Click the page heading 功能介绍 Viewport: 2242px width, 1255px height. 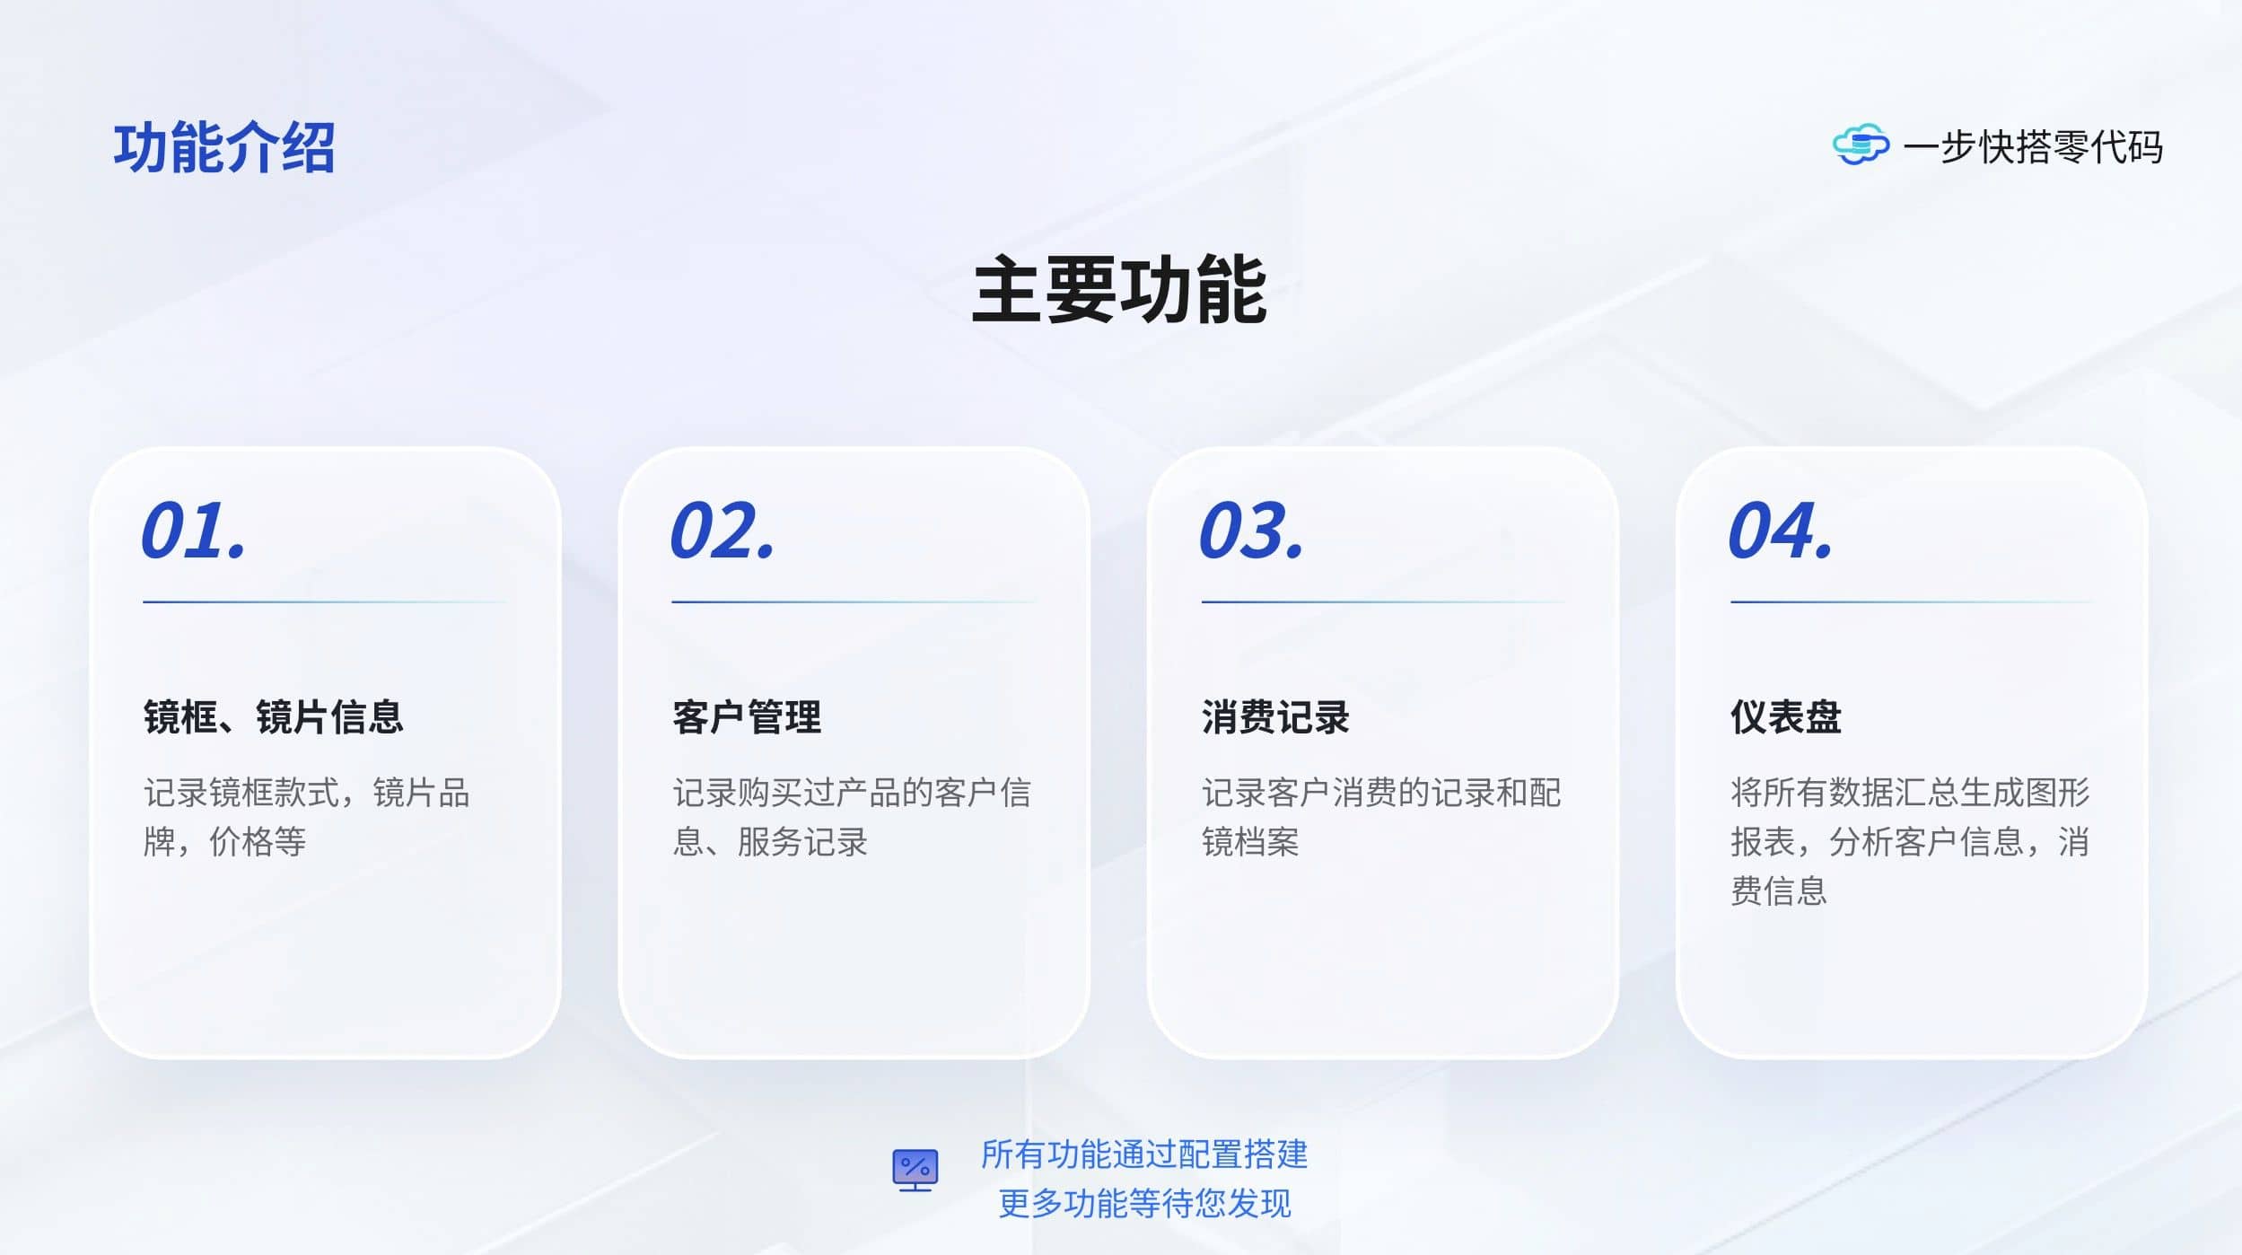click(224, 147)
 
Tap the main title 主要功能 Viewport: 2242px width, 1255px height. click(1119, 289)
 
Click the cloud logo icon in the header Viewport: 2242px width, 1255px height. click(1861, 145)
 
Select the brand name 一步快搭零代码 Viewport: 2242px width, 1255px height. click(2033, 146)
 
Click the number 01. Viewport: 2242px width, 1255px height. click(194, 531)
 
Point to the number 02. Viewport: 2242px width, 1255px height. click(723, 531)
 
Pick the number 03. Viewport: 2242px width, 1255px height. click(1251, 531)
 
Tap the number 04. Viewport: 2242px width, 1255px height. click(1781, 531)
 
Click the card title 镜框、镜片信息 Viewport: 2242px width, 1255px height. click(274, 717)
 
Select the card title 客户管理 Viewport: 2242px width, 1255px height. click(747, 717)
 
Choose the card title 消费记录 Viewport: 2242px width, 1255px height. click(1275, 717)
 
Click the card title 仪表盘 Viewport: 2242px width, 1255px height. click(1786, 717)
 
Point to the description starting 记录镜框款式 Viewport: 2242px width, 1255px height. click(307, 817)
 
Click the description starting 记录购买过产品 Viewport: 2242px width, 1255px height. click(852, 817)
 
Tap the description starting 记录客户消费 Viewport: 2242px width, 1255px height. click(1381, 817)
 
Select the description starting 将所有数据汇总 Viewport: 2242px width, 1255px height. click(1910, 841)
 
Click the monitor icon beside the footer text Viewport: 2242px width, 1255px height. click(915, 1171)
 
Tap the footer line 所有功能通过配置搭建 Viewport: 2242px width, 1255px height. click(1144, 1154)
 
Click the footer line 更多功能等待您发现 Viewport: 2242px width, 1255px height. click(1144, 1203)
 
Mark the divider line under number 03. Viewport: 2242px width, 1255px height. click(1383, 602)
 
